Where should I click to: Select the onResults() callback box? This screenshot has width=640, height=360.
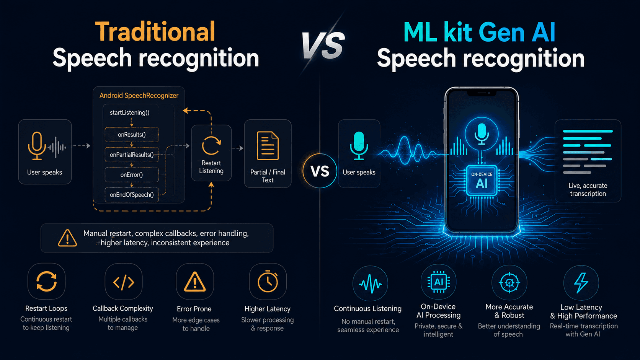132,134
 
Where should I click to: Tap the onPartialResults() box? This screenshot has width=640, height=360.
132,155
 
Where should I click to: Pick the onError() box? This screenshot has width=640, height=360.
132,175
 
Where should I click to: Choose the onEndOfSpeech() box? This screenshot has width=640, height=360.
132,195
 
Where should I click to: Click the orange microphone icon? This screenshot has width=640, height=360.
37,146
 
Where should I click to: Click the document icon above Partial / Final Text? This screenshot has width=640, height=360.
268,146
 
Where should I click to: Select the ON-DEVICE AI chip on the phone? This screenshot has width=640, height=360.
482,181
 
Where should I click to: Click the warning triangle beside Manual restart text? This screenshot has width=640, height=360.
67,238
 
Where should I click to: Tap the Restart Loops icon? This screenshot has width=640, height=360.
47,282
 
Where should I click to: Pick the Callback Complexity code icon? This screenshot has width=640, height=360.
123,282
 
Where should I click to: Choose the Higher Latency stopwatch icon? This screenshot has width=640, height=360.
268,282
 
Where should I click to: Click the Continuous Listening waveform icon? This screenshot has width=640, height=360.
370,284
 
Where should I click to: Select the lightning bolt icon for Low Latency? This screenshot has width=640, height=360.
581,283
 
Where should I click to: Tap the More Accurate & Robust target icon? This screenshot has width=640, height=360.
509,283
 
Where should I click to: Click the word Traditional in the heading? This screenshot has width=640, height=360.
155,32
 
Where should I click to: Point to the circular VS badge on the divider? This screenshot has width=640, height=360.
320,171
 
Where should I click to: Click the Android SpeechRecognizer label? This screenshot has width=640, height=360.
139,95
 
